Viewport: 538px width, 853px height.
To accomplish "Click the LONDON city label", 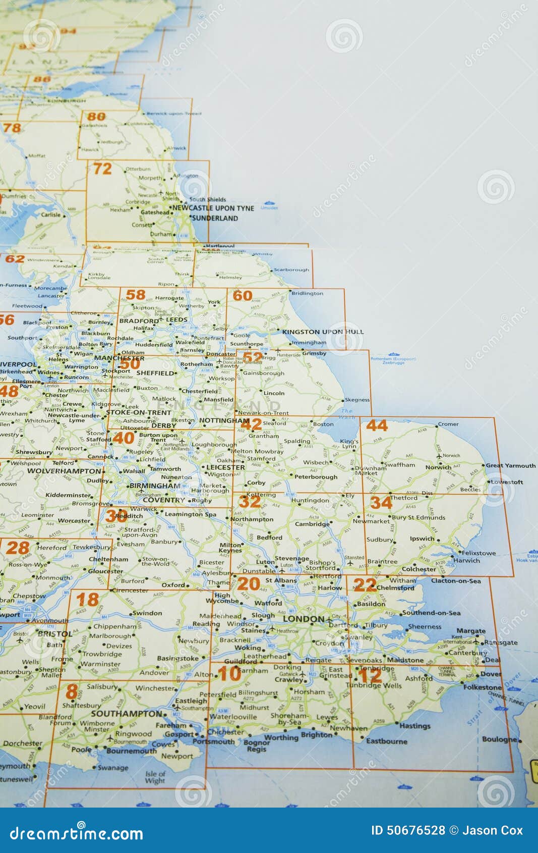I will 304,619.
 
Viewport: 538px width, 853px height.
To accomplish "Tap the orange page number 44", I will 377,425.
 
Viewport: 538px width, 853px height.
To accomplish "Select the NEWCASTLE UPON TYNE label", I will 213,208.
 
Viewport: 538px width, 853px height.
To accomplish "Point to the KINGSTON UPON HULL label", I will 323,332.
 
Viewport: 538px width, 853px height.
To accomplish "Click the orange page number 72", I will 102,169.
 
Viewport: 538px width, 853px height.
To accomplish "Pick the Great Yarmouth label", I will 510,466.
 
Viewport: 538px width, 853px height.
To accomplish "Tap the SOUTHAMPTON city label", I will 126,714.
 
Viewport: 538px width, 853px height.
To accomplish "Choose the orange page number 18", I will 87,600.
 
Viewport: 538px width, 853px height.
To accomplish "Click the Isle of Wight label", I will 155,777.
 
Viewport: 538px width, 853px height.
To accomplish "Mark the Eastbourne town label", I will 387,741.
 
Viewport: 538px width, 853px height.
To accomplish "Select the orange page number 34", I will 381,503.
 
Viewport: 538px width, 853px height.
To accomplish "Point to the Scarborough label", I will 291,270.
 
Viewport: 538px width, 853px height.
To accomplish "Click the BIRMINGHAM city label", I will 155,486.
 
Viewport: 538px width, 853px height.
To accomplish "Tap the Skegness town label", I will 357,400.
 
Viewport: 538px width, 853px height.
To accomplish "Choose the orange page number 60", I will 243,296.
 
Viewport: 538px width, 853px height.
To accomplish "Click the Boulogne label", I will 499,739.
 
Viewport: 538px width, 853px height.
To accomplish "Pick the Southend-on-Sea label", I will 431,613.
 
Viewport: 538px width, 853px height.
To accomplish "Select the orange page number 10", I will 229,673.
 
